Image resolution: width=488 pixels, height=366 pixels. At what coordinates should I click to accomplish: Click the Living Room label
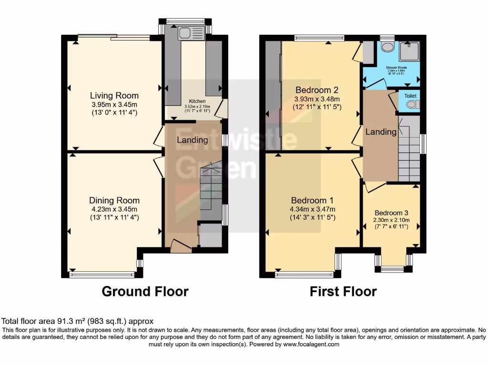(x=114, y=96)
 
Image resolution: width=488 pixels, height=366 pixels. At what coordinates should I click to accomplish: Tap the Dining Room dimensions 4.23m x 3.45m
(x=114, y=209)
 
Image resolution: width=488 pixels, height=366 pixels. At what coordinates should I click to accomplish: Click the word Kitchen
(x=197, y=102)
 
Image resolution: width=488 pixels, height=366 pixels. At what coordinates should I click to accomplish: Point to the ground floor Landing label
(x=192, y=140)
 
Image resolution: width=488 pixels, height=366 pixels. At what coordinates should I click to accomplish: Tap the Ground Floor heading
(x=145, y=291)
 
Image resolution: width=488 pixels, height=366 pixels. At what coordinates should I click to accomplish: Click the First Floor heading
(x=343, y=291)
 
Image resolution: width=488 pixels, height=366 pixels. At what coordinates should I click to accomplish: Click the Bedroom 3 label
(x=391, y=213)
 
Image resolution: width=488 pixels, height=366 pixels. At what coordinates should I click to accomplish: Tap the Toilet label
(x=410, y=96)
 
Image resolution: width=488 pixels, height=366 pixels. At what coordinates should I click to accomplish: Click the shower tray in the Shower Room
(x=408, y=51)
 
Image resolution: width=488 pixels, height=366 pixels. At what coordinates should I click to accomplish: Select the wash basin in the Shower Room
(x=387, y=47)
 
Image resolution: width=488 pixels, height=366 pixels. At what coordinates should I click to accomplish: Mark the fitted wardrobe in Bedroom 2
(x=274, y=95)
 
